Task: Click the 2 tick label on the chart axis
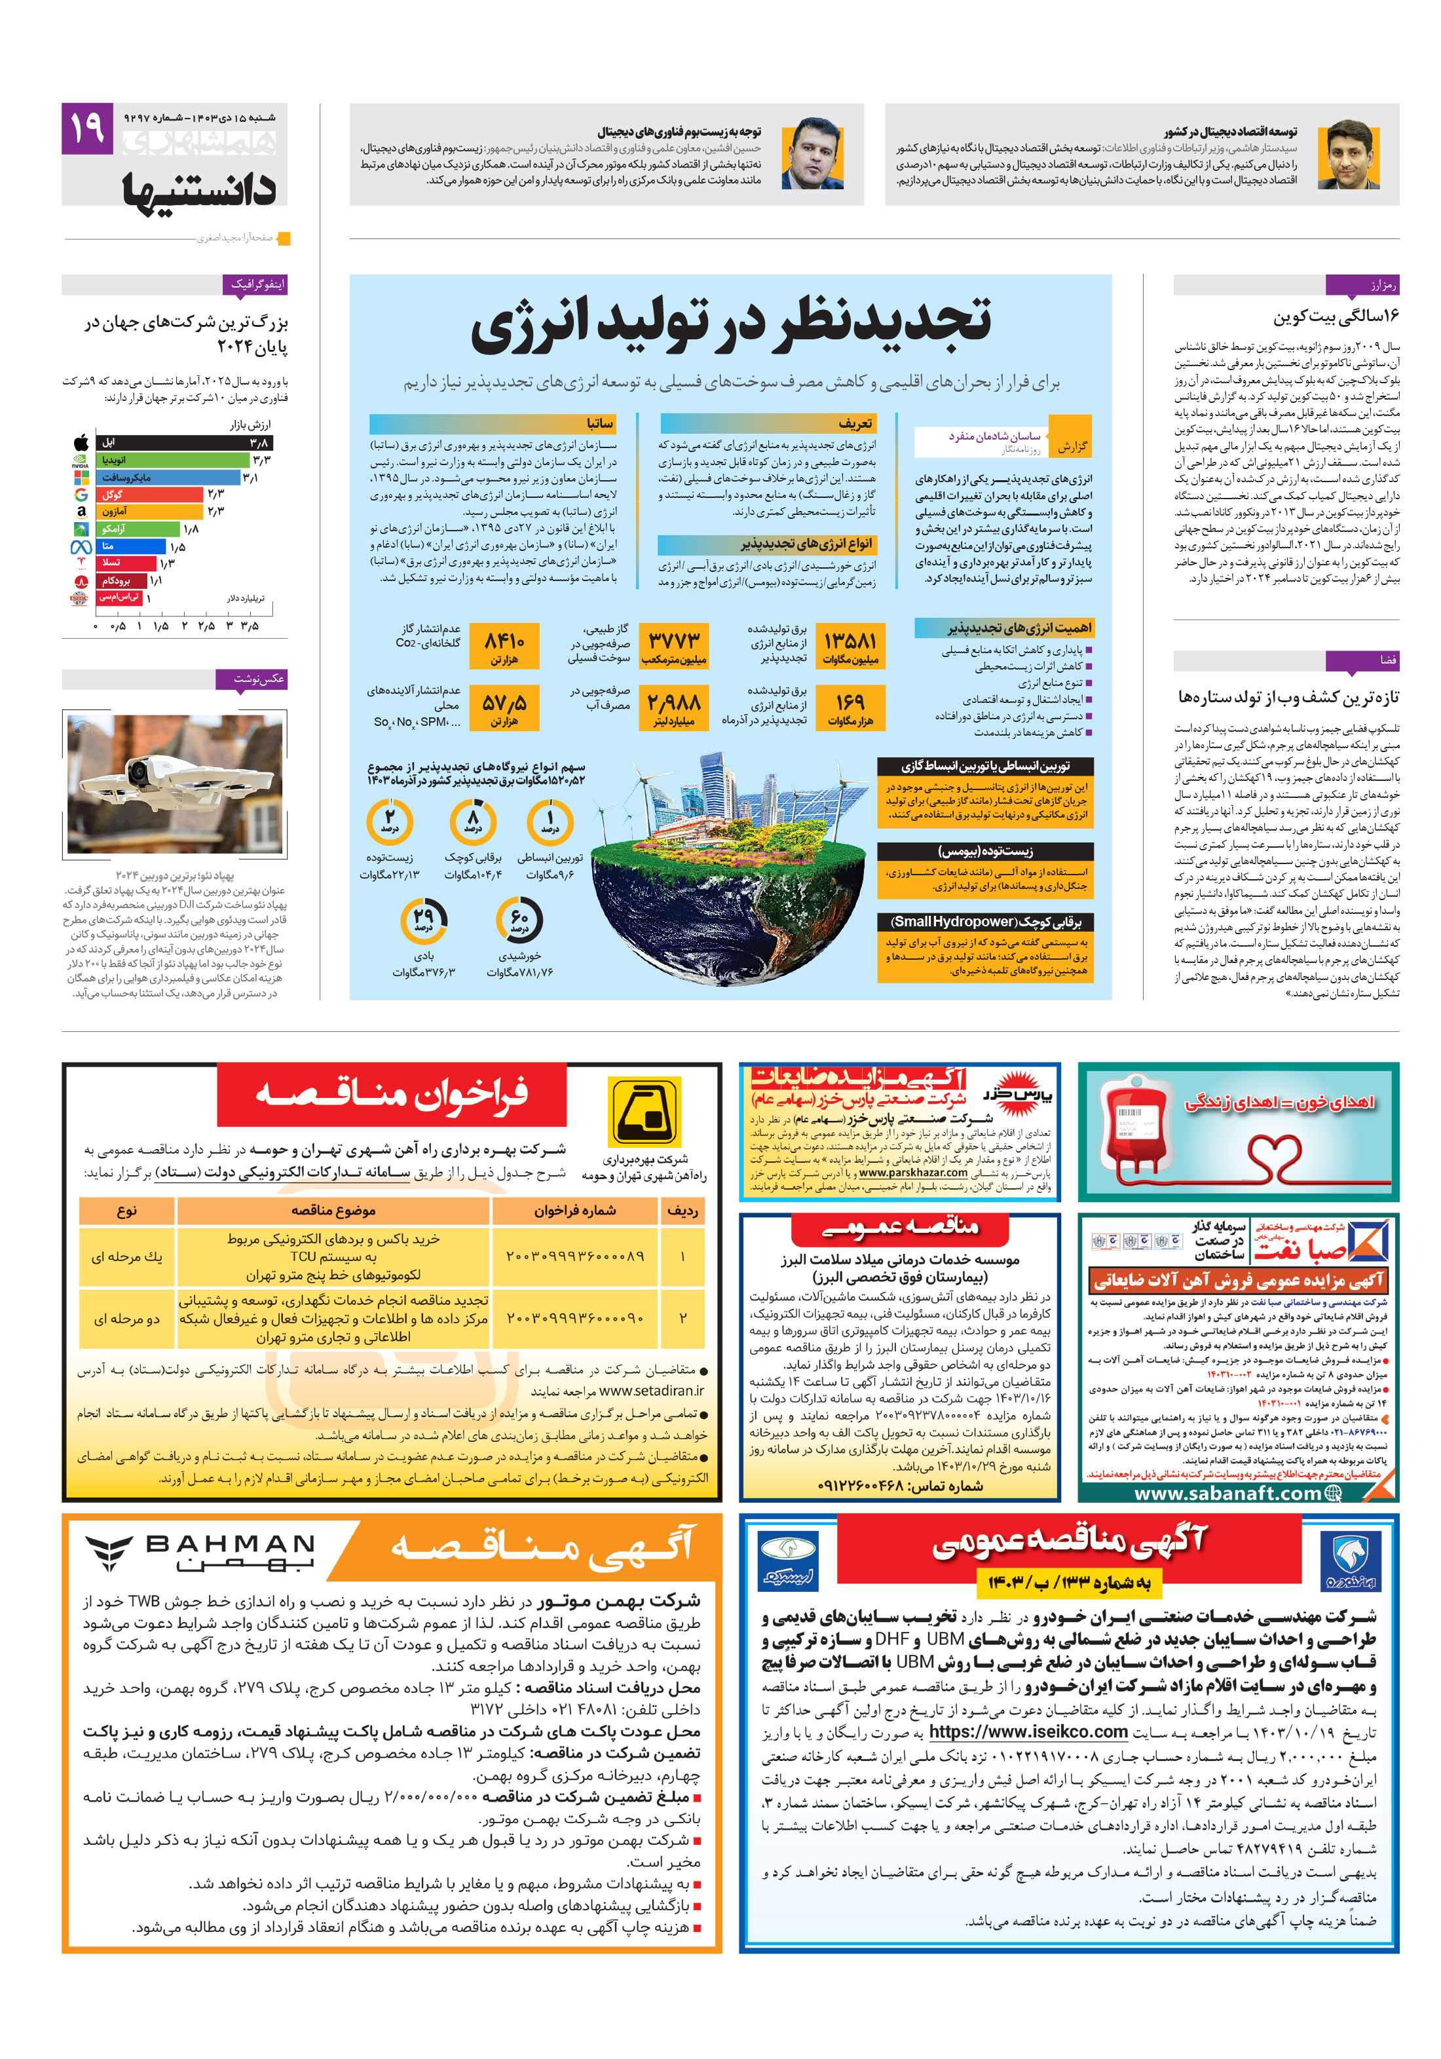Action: click(184, 626)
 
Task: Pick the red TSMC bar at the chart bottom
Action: click(119, 597)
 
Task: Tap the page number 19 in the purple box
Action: click(87, 127)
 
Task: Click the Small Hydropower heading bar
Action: click(984, 921)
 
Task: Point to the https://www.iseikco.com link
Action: click(1028, 1731)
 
